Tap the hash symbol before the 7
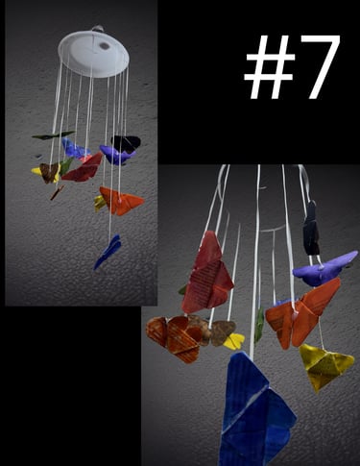[269, 66]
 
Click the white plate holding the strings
[93, 54]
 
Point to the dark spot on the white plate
[105, 46]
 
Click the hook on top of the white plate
[98, 28]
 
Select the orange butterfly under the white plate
[121, 201]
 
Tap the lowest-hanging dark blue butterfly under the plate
[108, 252]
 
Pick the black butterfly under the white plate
[126, 143]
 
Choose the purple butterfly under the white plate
[117, 155]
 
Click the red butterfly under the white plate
[83, 168]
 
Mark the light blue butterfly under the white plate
[74, 149]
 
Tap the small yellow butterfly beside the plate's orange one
[99, 203]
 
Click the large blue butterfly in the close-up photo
[256, 411]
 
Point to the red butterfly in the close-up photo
[207, 273]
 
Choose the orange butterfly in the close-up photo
[302, 313]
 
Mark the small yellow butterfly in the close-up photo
[234, 341]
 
